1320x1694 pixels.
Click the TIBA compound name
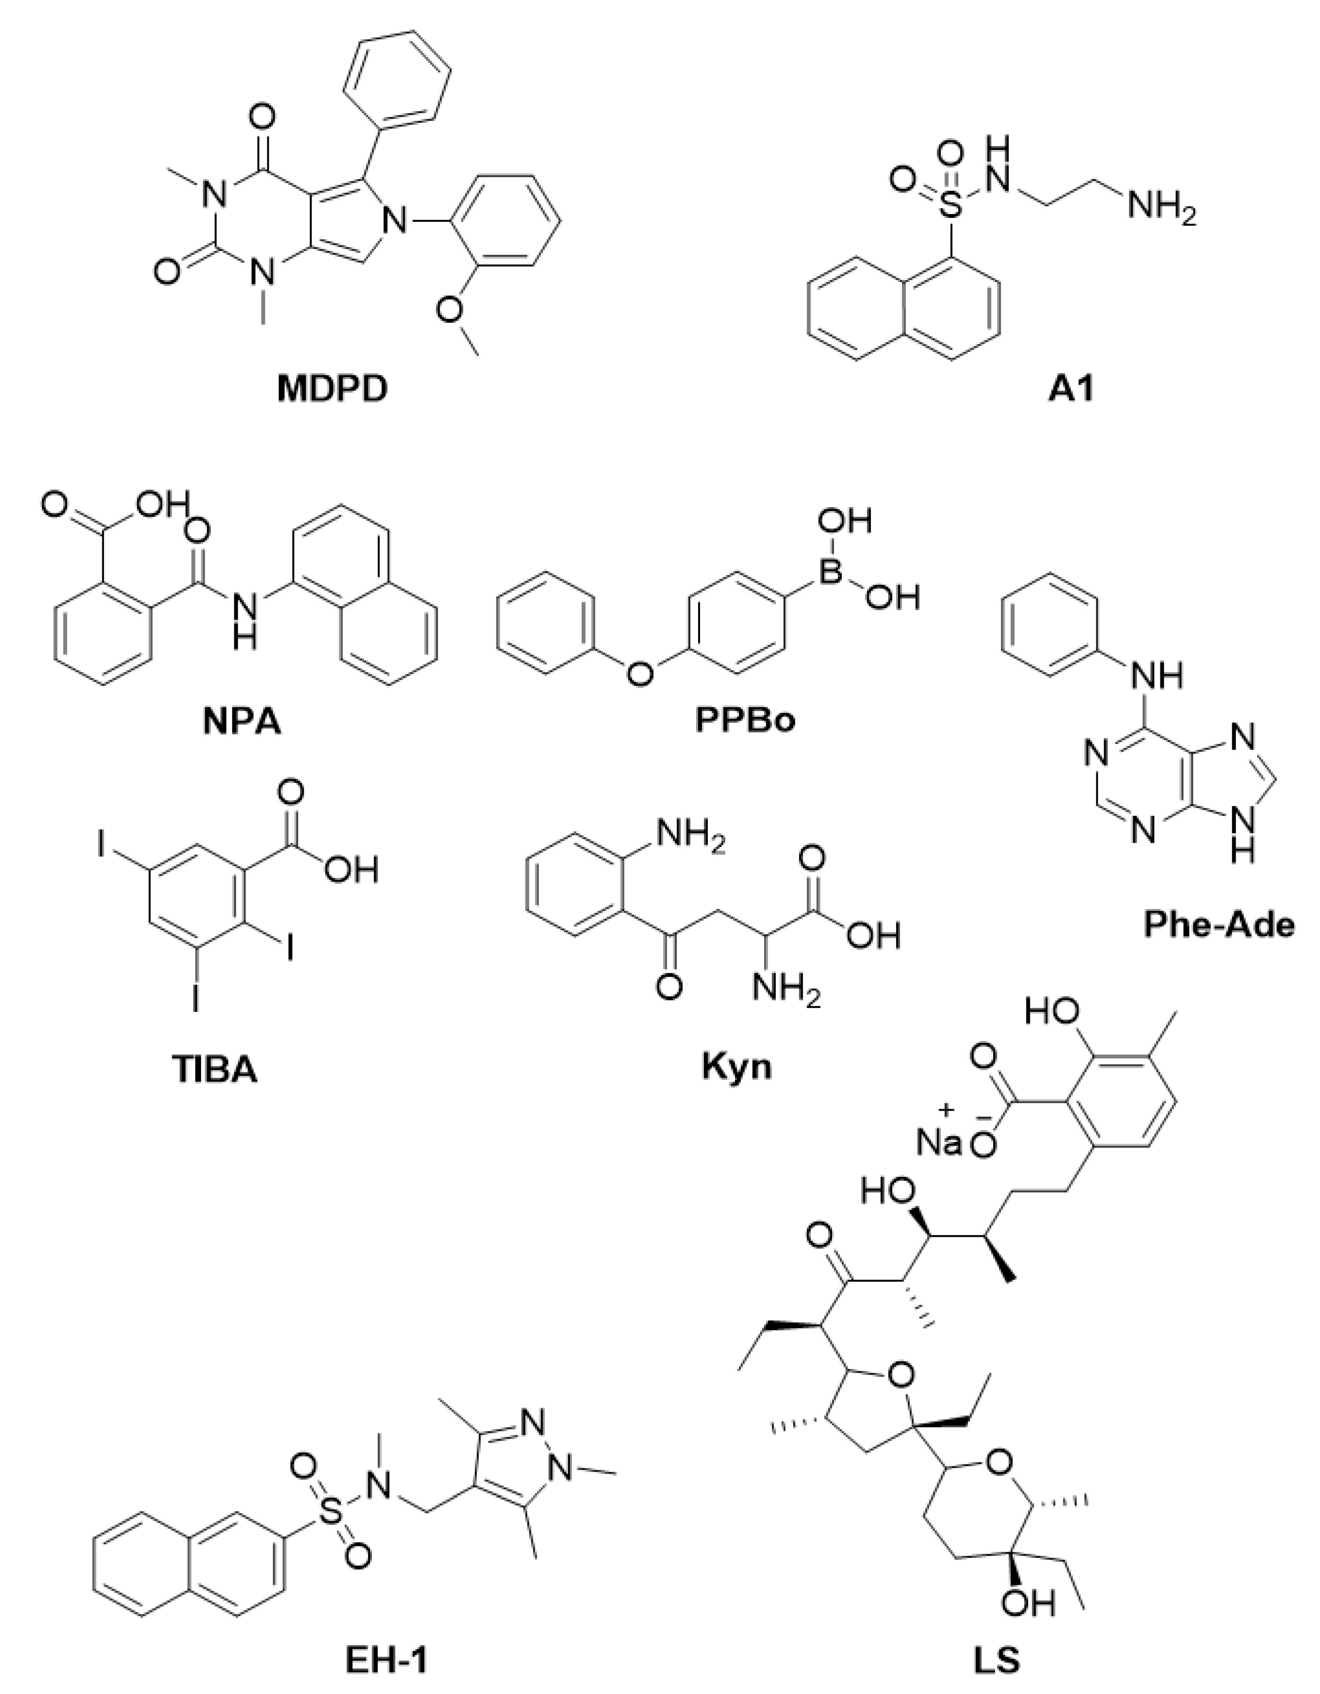tap(213, 1070)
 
